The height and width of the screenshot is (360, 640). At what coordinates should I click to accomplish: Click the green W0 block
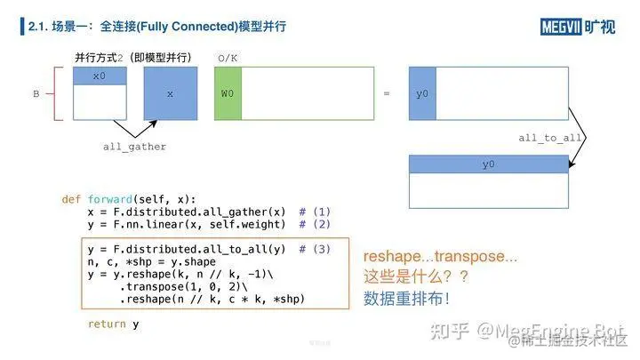[228, 92]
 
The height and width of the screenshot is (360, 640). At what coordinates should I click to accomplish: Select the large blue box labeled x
[170, 92]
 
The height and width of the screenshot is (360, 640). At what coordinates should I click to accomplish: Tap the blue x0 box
[99, 76]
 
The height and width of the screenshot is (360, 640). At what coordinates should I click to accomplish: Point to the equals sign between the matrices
[386, 92]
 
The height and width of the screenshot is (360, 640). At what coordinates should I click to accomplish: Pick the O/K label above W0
[228, 59]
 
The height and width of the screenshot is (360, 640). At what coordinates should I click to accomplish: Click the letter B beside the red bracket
[36, 92]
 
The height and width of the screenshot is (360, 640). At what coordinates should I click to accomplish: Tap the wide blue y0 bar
[488, 164]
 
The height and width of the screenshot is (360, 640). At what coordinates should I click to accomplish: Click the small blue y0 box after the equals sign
[422, 92]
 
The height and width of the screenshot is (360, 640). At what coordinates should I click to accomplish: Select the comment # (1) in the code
[315, 212]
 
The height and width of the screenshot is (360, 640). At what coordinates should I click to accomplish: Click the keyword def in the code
[71, 198]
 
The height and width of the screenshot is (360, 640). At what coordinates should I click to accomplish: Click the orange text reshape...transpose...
[440, 257]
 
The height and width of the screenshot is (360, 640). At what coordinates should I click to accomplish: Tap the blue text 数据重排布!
[405, 299]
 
